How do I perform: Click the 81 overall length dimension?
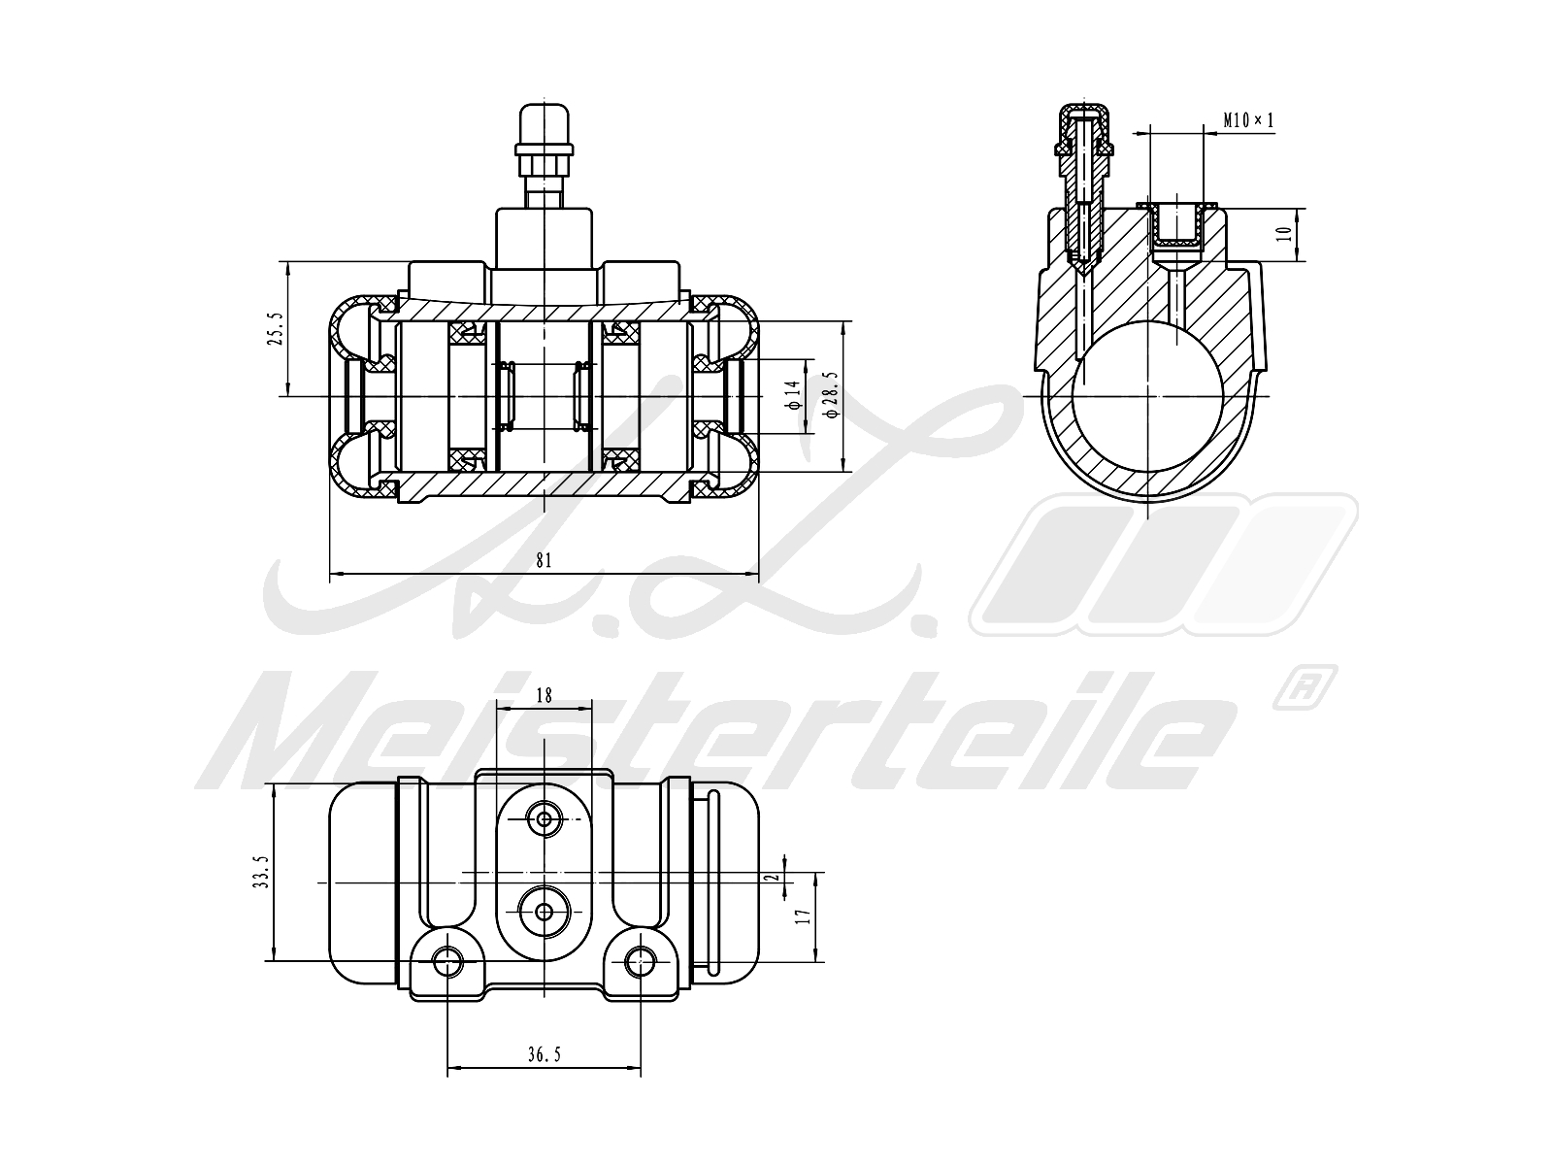[544, 560]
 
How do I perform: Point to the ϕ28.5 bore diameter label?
[830, 393]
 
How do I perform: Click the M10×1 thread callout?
[1247, 120]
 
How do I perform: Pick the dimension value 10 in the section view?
[1284, 234]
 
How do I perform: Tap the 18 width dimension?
[544, 695]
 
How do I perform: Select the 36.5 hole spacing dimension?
[545, 1055]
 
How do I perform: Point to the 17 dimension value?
[803, 915]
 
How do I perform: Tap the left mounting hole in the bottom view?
[447, 962]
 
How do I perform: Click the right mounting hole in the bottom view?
[640, 962]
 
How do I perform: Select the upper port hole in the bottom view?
[544, 820]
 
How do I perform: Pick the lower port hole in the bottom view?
[544, 912]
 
